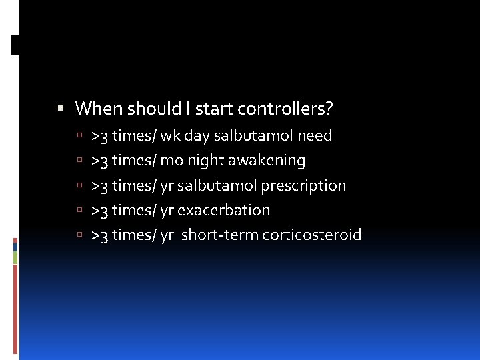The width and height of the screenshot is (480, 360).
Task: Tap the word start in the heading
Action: [x=197, y=108]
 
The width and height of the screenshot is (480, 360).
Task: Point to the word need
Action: [x=315, y=136]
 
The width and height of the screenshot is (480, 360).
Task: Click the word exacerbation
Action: [x=223, y=210]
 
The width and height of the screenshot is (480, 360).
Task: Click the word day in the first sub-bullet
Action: [x=197, y=136]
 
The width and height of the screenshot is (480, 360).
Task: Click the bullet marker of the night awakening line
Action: [x=79, y=161]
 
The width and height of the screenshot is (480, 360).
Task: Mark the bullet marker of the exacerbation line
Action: [x=79, y=211]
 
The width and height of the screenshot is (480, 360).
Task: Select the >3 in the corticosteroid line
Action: [x=100, y=235]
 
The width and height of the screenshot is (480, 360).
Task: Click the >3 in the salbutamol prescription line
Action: [x=100, y=185]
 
